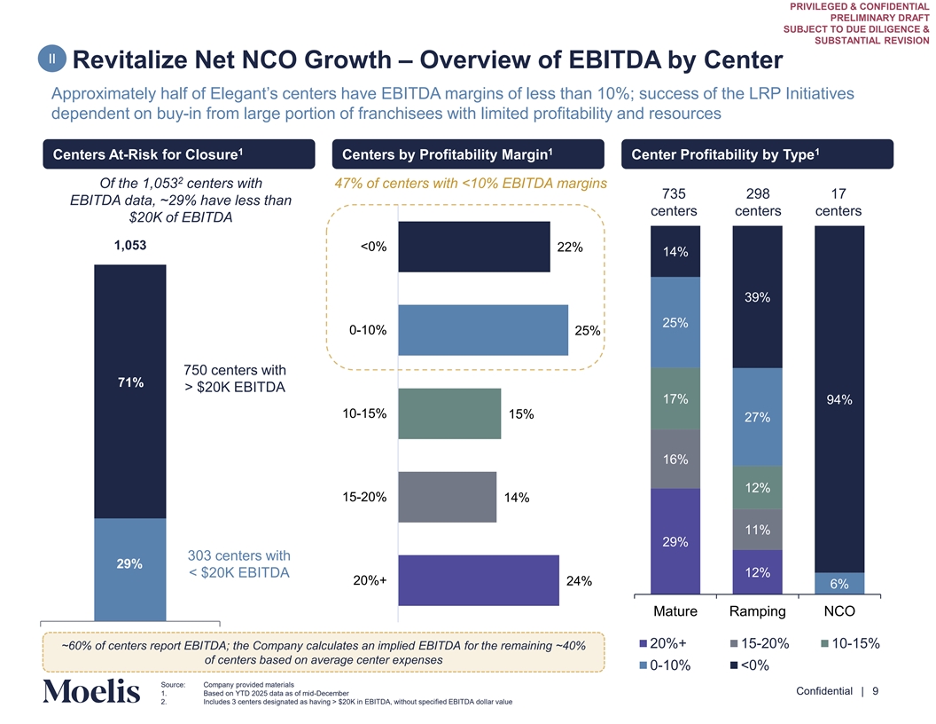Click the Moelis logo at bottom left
click(x=90, y=691)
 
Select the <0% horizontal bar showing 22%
click(x=474, y=247)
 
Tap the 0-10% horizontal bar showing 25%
click(x=483, y=330)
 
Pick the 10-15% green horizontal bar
click(x=449, y=413)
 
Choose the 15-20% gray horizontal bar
click(x=448, y=497)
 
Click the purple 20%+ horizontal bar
click(x=479, y=580)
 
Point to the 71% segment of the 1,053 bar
click(x=130, y=390)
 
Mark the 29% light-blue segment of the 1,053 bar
click(x=130, y=569)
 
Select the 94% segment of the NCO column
click(x=838, y=399)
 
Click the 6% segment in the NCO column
click(x=838, y=584)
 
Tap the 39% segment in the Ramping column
click(x=757, y=297)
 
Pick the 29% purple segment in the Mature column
click(x=675, y=541)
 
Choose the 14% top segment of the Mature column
click(x=675, y=252)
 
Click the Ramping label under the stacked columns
click(x=757, y=611)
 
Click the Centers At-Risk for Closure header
click(x=178, y=154)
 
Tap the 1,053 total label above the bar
click(x=130, y=246)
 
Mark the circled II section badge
click(x=54, y=59)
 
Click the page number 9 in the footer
click(x=875, y=692)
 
